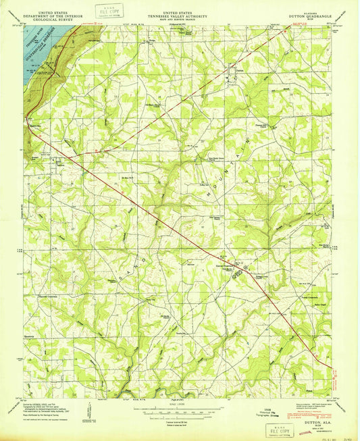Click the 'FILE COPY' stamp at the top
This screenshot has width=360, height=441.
point(106,11)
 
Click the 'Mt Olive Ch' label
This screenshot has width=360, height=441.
point(128,178)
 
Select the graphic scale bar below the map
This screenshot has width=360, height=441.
point(180,411)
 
